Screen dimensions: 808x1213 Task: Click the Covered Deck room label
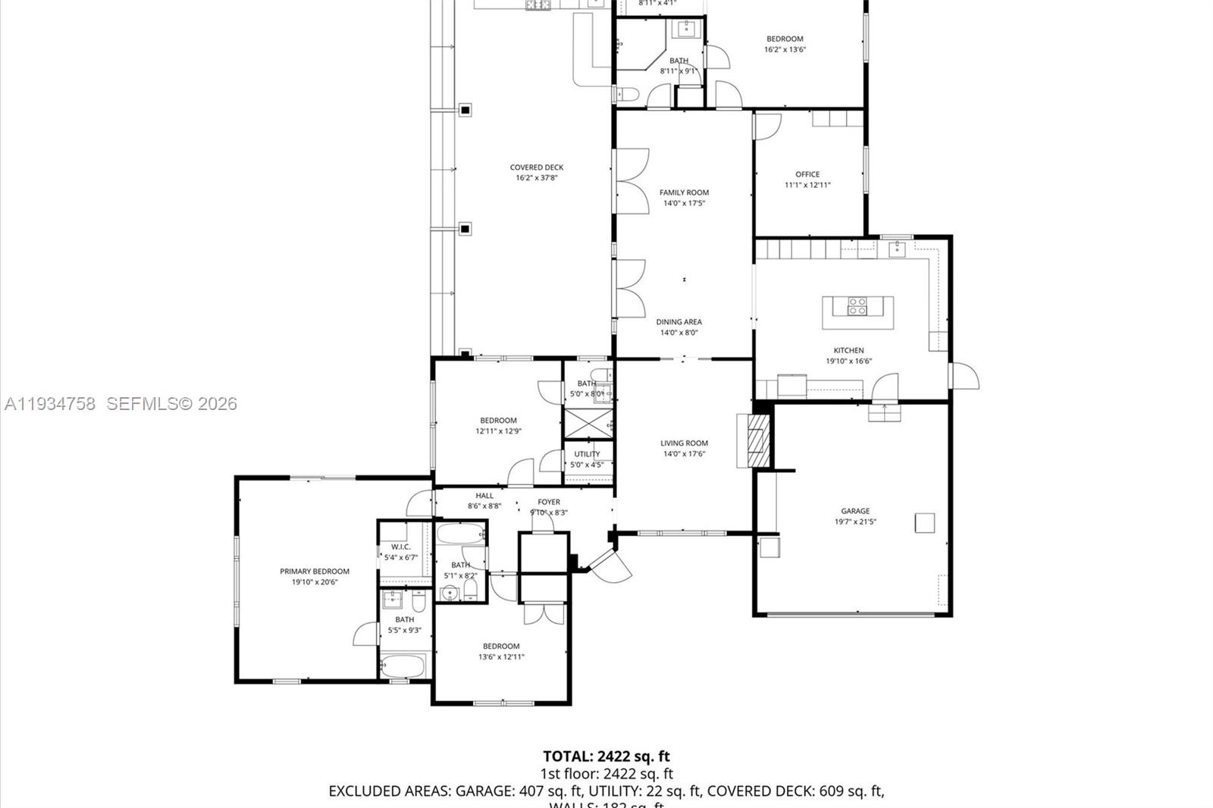click(x=537, y=168)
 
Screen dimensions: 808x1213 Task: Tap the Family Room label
click(x=684, y=193)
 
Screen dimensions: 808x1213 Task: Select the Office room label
click(x=807, y=174)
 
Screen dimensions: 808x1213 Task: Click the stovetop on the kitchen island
click(x=857, y=306)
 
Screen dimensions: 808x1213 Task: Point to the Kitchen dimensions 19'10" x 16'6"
click(x=848, y=362)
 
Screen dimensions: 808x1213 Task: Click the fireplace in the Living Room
click(x=755, y=440)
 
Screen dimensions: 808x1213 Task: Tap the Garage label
click(x=855, y=511)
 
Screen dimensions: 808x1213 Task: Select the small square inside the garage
click(x=924, y=522)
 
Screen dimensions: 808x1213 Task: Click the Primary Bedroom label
click(x=315, y=572)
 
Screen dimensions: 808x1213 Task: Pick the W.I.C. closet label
click(x=400, y=547)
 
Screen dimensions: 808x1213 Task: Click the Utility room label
click(x=587, y=454)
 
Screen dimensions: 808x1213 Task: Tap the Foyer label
click(x=549, y=502)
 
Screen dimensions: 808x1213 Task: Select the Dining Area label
click(x=679, y=322)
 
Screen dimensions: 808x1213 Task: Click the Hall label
click(x=484, y=496)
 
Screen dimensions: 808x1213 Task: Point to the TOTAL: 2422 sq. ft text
click(x=606, y=756)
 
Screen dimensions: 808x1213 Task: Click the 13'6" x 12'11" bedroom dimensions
click(x=501, y=657)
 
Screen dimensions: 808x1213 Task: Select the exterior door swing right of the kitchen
click(x=964, y=376)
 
